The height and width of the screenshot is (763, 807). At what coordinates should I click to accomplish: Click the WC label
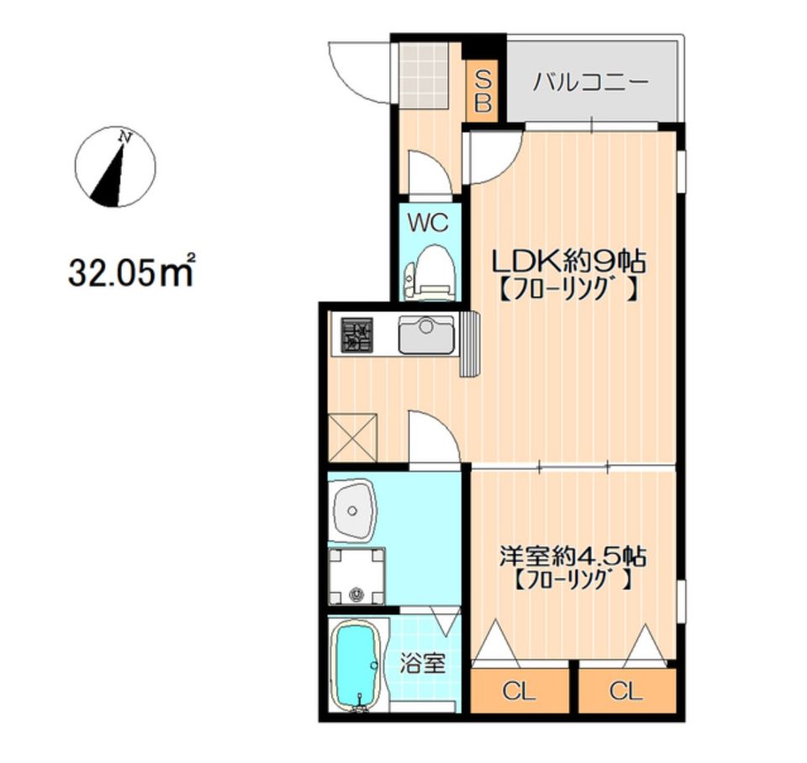coord(428,224)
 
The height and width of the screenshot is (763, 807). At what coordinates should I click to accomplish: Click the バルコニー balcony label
coord(590,82)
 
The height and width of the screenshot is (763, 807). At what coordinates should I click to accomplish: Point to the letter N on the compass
coord(125,137)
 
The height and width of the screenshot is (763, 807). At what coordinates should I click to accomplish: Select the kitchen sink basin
coord(427,335)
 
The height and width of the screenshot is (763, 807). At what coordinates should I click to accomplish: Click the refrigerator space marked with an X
coord(352,437)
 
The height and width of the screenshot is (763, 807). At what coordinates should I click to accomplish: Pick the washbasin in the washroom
coord(352,510)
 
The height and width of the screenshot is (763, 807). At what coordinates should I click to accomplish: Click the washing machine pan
coord(357,576)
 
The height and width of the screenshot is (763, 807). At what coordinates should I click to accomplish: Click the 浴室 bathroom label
coord(423,664)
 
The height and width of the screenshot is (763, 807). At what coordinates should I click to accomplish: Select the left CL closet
coord(520,691)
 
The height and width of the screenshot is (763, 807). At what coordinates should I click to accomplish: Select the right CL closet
coord(626,691)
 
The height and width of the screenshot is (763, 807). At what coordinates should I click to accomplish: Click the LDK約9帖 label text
coord(569,262)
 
